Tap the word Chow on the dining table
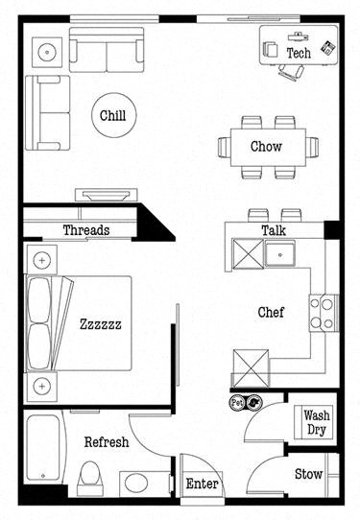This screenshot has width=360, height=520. pyautogui.click(x=266, y=147)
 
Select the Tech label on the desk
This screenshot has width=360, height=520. pyautogui.click(x=299, y=53)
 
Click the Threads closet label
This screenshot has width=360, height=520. pyautogui.click(x=85, y=230)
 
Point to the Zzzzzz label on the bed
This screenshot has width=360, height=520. pyautogui.click(x=100, y=324)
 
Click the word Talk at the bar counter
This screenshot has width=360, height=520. pyautogui.click(x=274, y=230)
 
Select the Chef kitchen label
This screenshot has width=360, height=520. pyautogui.click(x=270, y=312)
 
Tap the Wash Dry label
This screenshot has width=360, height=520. pyautogui.click(x=316, y=423)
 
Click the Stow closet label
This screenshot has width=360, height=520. pyautogui.click(x=308, y=473)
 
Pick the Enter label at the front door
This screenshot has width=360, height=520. pyautogui.click(x=202, y=484)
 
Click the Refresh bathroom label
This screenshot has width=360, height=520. pyautogui.click(x=107, y=442)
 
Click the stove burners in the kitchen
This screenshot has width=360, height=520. pyautogui.click(x=322, y=311)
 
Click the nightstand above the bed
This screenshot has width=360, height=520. pyautogui.click(x=41, y=259)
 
